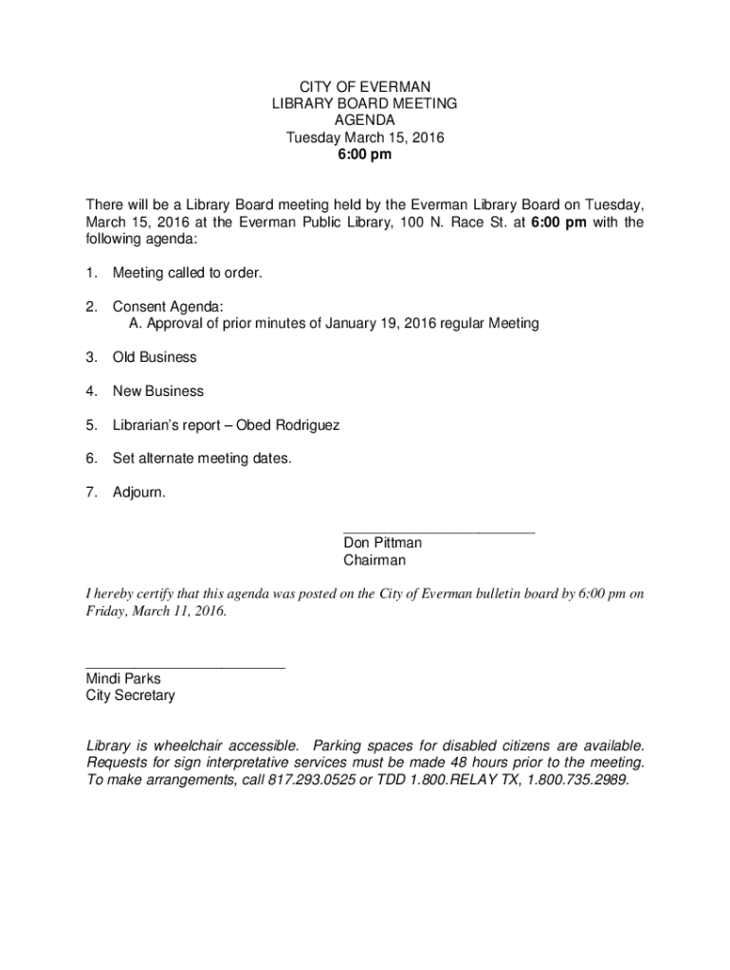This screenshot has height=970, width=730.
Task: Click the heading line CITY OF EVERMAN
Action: click(x=365, y=86)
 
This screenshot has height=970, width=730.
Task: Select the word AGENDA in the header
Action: click(x=365, y=120)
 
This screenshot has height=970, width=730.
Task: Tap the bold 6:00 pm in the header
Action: click(x=365, y=155)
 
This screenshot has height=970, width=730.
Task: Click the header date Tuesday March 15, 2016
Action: click(x=365, y=138)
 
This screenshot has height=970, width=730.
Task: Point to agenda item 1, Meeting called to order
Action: click(x=187, y=273)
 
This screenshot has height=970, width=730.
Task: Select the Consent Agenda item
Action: click(x=168, y=307)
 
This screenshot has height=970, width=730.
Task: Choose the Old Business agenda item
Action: click(x=155, y=357)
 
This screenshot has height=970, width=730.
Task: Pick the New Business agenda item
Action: click(x=157, y=391)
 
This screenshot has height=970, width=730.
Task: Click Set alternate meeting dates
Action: click(x=202, y=458)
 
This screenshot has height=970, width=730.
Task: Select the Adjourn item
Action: click(x=138, y=493)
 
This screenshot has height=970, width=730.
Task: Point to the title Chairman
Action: click(x=374, y=561)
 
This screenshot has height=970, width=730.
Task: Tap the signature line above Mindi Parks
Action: click(x=185, y=668)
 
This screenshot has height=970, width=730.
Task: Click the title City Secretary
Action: click(x=130, y=696)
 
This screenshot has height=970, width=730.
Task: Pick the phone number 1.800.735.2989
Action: click(x=576, y=781)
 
